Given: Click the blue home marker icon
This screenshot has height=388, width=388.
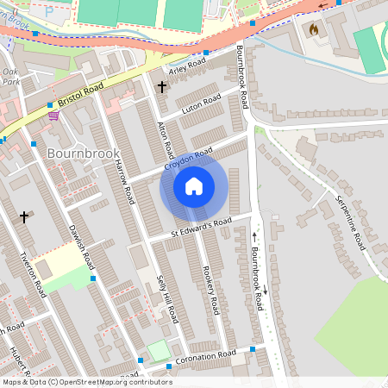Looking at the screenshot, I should point(194,186).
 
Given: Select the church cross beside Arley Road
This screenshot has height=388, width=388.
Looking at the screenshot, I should point(161,87).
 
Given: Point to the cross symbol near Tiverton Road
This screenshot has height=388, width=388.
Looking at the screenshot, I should point(24,216).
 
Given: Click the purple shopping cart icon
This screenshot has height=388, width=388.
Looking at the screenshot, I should point(53,115).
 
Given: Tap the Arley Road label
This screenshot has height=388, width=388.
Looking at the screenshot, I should point(187,67).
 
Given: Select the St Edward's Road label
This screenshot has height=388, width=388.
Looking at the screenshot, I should point(202,226).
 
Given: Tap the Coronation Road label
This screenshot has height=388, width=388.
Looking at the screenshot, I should point(205,356).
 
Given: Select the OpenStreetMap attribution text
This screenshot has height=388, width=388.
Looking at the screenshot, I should point(87,382).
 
